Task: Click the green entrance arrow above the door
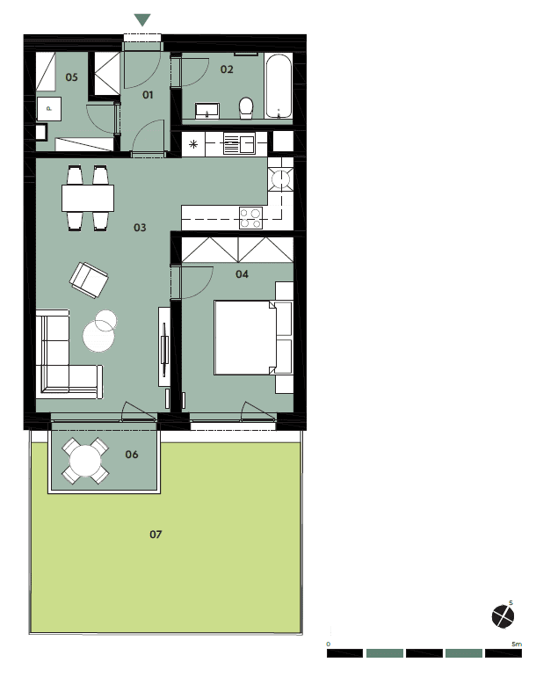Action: pyautogui.click(x=142, y=19)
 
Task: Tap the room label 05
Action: pyautogui.click(x=72, y=77)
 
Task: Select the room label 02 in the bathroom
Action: pyautogui.click(x=227, y=69)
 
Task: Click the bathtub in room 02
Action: pyautogui.click(x=279, y=86)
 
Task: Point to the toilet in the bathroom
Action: pyautogui.click(x=246, y=107)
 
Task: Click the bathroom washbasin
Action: pyautogui.click(x=207, y=111)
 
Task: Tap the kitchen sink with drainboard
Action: pyautogui.click(x=239, y=143)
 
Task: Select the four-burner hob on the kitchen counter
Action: pyautogui.click(x=250, y=218)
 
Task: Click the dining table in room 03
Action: pyautogui.click(x=88, y=198)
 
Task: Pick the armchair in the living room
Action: pyautogui.click(x=89, y=280)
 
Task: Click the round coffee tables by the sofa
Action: pyautogui.click(x=100, y=331)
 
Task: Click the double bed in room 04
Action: pyautogui.click(x=245, y=338)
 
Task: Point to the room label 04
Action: pyautogui.click(x=242, y=274)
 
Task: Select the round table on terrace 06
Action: pyautogui.click(x=85, y=461)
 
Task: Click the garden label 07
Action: pyautogui.click(x=156, y=535)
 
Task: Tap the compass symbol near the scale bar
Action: pyautogui.click(x=503, y=615)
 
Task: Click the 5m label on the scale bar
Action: pyautogui.click(x=516, y=644)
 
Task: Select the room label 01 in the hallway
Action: pyautogui.click(x=148, y=95)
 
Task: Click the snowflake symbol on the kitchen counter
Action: pyautogui.click(x=193, y=144)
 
